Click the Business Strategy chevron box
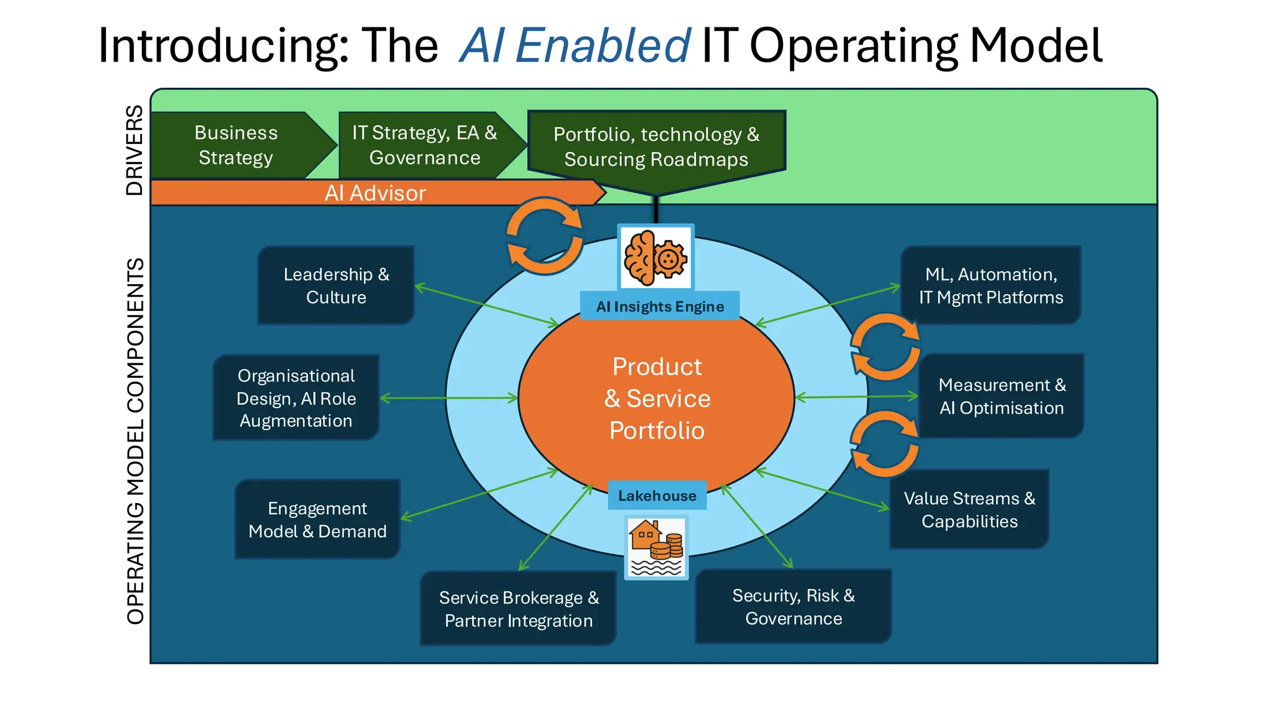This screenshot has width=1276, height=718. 237,145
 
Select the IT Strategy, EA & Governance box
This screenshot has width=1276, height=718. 425,145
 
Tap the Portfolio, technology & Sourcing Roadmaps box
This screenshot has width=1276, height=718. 656,147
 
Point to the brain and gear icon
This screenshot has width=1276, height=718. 655,257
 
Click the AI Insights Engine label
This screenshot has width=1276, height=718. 660,307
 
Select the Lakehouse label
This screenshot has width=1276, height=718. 657,496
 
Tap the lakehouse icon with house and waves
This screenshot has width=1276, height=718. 656,547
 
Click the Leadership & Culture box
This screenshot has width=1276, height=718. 336,285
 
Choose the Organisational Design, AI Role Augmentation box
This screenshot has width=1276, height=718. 296,398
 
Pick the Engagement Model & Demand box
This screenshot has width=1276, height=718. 317,519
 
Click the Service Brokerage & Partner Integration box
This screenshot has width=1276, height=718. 518,609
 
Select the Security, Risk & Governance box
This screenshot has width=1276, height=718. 793,606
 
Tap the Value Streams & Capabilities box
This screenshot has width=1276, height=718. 969,509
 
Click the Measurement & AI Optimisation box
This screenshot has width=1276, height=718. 1002,396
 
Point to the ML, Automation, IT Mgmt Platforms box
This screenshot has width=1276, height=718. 991,285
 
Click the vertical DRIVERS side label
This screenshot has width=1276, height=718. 135,150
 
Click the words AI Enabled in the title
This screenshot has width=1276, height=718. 574,45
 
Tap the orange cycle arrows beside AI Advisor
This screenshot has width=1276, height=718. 545,236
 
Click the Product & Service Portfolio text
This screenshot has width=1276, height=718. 657,398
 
